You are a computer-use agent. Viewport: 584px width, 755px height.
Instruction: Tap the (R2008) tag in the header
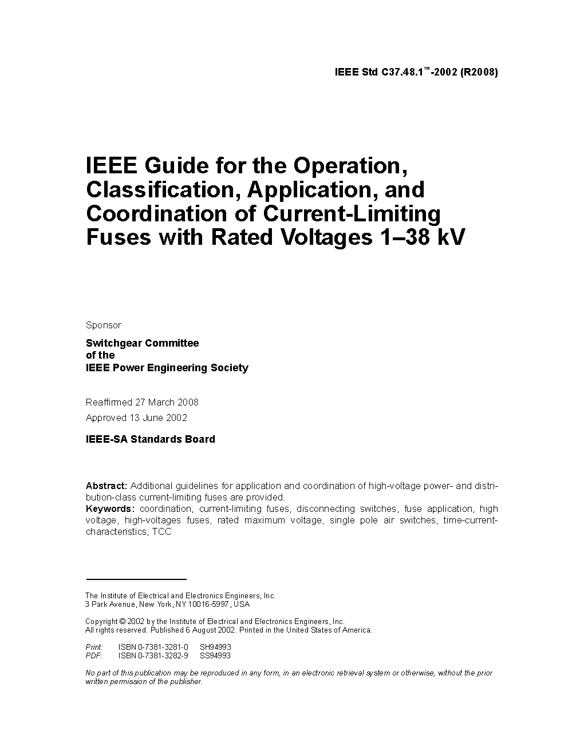tap(479, 73)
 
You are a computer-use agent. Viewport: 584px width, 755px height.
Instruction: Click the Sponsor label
tap(104, 325)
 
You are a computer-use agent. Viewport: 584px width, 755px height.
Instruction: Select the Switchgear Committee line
tap(142, 343)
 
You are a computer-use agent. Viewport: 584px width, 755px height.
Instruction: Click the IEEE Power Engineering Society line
tap(167, 368)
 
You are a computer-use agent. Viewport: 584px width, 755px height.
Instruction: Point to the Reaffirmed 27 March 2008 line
tap(142, 402)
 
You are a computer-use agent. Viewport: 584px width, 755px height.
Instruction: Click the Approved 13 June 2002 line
tap(136, 418)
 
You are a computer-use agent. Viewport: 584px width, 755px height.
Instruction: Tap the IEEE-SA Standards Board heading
tap(150, 439)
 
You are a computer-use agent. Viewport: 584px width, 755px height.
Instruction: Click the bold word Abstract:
tap(106, 486)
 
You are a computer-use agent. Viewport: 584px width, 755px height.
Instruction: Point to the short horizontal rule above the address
tap(136, 579)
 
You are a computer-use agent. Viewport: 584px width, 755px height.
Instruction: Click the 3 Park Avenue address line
tap(167, 604)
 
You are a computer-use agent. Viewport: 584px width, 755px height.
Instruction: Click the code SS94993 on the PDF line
tap(215, 655)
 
